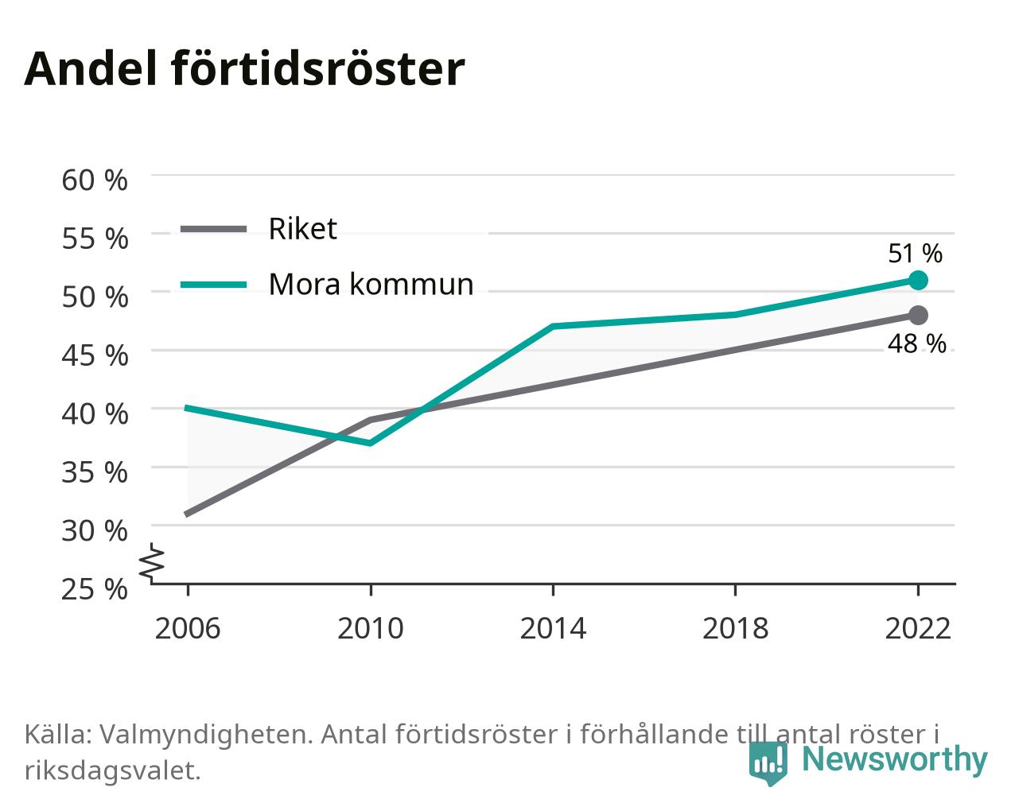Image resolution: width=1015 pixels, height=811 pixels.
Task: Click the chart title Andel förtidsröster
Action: coord(244,69)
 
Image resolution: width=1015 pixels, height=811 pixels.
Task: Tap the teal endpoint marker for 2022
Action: coord(918,280)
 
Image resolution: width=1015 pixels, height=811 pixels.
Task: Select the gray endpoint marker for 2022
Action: coord(918,315)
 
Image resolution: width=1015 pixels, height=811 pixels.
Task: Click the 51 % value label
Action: coord(915,254)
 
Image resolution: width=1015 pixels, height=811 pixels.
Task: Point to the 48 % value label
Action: coord(916,343)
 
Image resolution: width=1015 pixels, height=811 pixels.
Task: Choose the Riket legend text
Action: coord(303,229)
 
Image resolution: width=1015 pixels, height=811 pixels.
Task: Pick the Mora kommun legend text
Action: coord(371,285)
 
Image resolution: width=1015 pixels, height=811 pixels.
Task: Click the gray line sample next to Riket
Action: coord(214,230)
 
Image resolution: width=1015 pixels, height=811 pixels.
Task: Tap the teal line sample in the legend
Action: coord(214,285)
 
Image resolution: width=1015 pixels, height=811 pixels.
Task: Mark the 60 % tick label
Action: coord(95,180)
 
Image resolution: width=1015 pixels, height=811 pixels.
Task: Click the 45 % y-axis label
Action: coord(95,355)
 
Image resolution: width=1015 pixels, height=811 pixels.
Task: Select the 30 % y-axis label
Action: coord(95,531)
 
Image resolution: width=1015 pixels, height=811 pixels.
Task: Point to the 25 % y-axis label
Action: coord(95,589)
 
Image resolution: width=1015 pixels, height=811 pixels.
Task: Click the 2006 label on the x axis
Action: coord(188,628)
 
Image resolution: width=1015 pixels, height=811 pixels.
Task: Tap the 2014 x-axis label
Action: coord(553,628)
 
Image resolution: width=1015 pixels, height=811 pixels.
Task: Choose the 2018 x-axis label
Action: coord(735,628)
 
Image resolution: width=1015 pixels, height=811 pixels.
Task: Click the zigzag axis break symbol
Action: coord(152,561)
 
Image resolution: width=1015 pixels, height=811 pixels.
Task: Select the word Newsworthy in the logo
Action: coord(895,759)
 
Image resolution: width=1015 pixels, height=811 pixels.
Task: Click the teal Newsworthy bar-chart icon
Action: coord(768,763)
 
